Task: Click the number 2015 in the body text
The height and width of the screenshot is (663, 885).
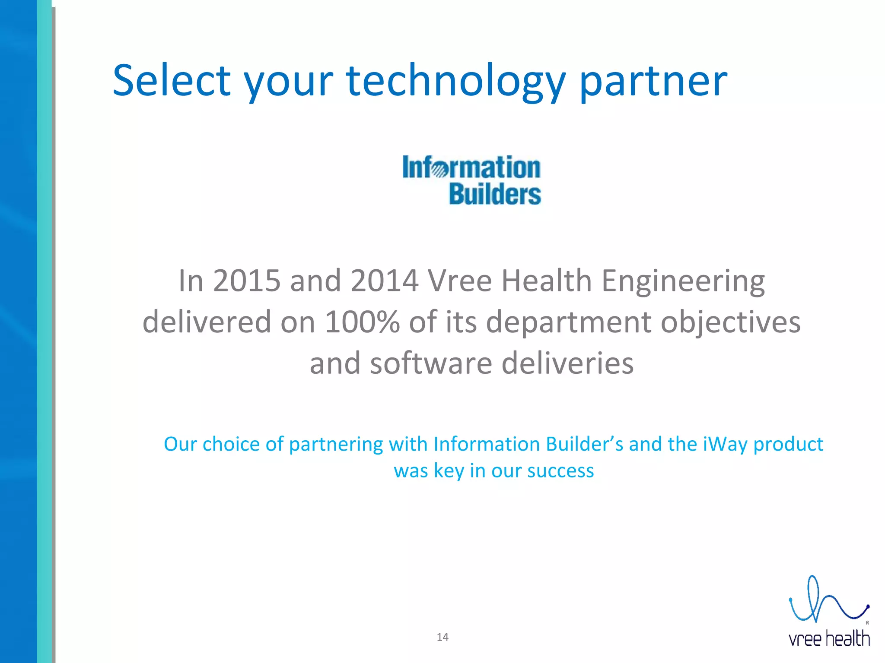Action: tap(247, 281)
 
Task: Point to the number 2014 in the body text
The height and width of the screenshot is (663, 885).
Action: tap(384, 281)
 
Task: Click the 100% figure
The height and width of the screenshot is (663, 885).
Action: tap(362, 322)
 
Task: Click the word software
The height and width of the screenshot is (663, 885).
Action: tap(431, 363)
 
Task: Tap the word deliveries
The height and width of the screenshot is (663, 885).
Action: tap(567, 363)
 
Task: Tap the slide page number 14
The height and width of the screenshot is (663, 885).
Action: tap(442, 637)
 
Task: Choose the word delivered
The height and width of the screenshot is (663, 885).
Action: tap(207, 322)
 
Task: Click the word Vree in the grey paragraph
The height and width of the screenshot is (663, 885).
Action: tap(460, 281)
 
